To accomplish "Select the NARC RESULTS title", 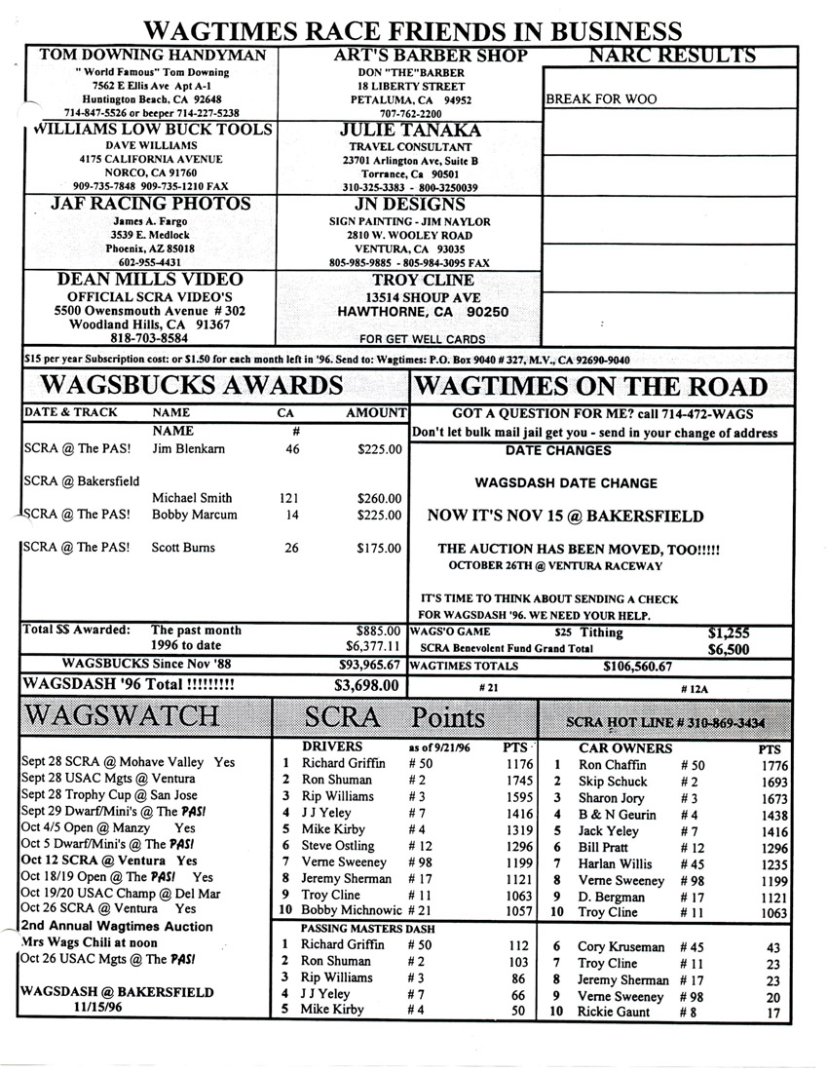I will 672,56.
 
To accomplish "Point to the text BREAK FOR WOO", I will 601,98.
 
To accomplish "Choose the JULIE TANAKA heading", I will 409,131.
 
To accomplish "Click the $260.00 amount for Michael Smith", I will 380,497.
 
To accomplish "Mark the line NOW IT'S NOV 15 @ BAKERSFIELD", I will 565,517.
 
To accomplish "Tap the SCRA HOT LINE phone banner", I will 666,723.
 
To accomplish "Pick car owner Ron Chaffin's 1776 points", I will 771,766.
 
